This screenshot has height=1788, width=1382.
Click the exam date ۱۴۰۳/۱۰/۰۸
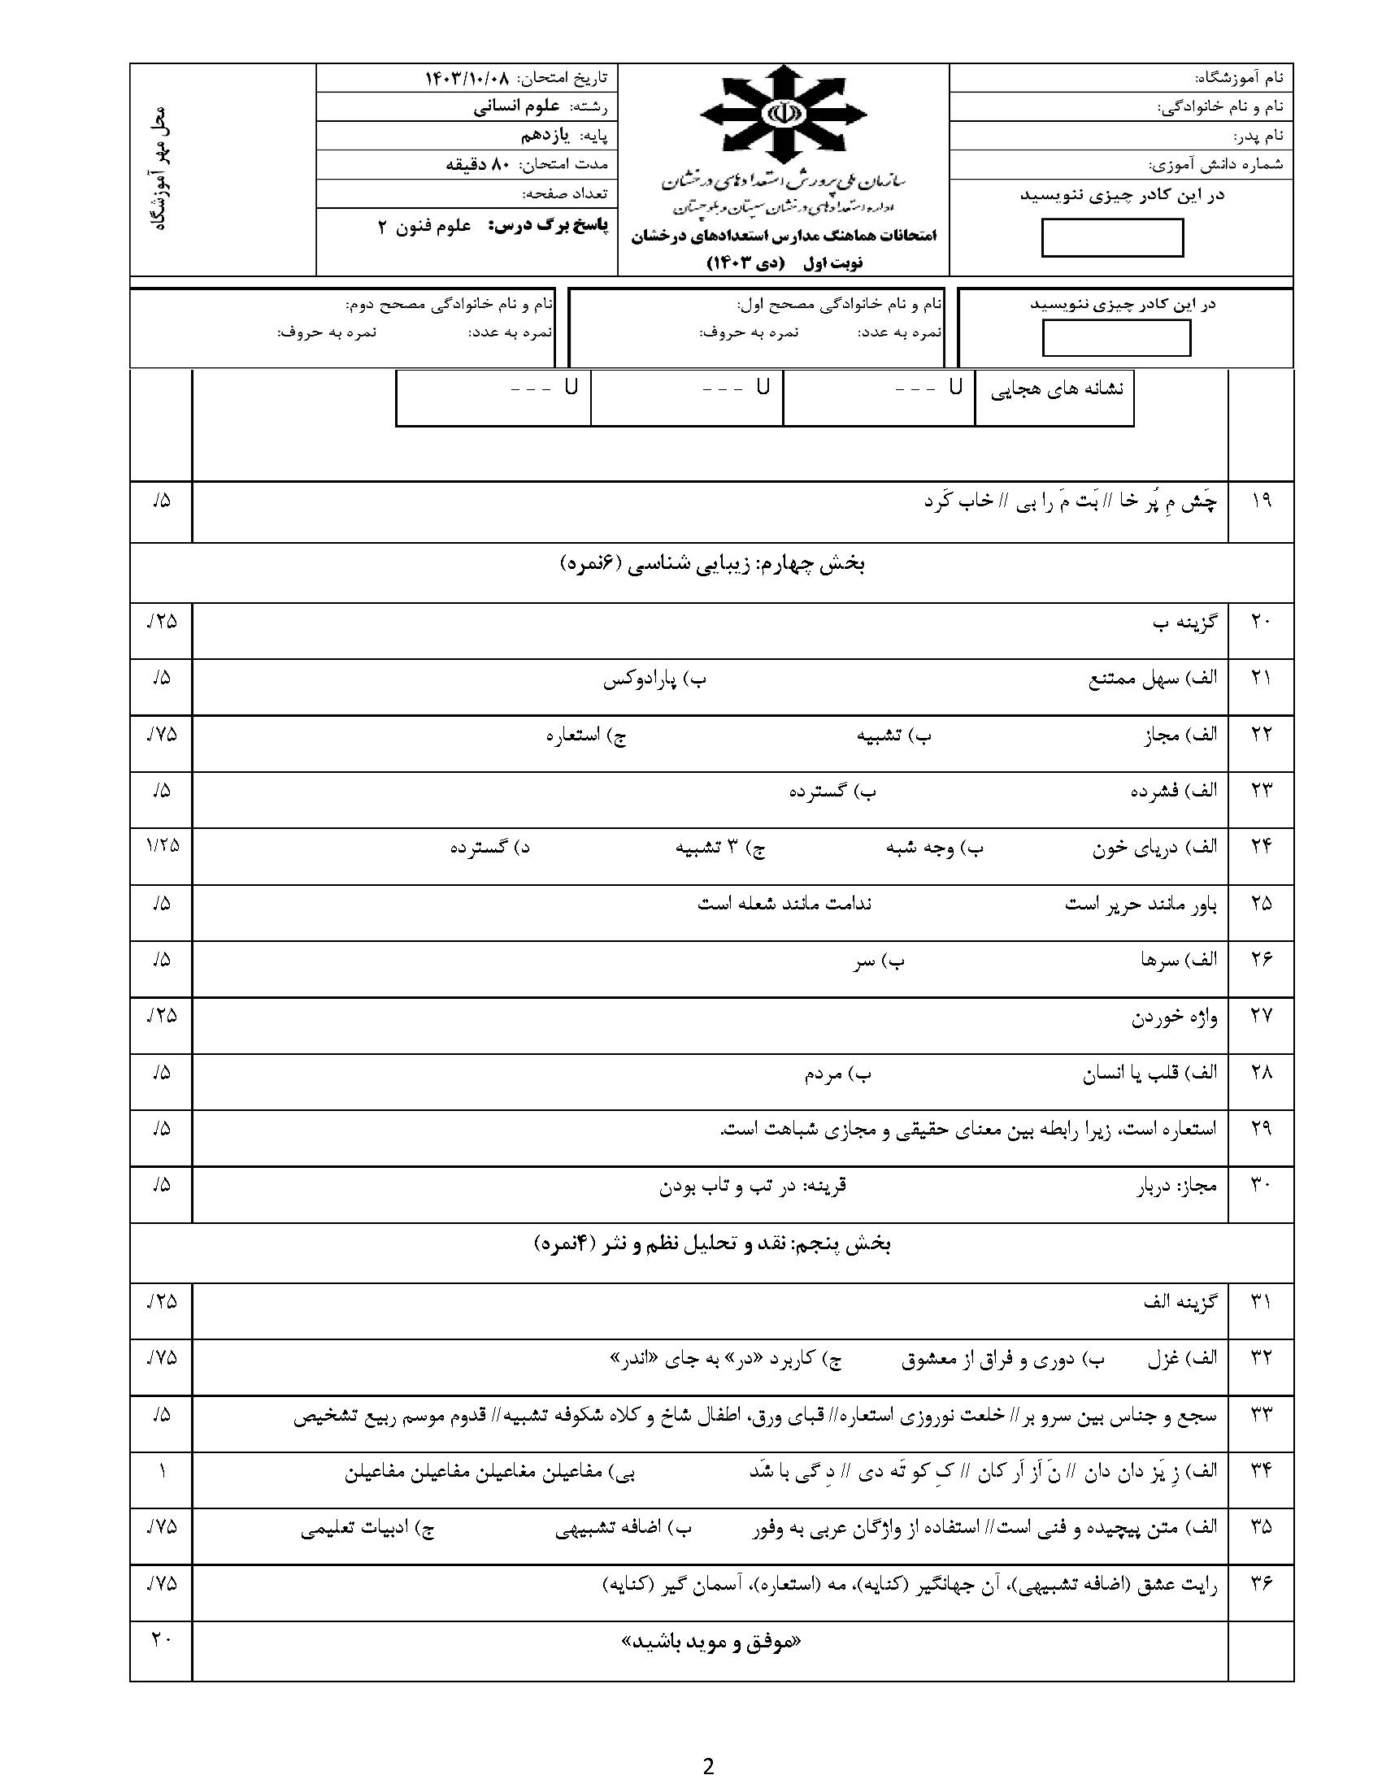coord(467,79)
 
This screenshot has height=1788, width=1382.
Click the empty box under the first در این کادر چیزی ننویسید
coord(1112,238)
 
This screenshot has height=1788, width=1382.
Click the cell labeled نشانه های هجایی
coord(1057,390)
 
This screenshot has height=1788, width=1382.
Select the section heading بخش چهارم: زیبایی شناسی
coord(712,565)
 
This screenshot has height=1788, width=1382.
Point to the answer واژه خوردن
coord(1174,1017)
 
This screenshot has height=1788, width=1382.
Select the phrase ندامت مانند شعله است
coord(784,904)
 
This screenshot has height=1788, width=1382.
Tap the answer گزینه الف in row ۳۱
coord(1180,1302)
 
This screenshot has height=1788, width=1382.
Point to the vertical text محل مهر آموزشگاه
coord(161,168)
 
